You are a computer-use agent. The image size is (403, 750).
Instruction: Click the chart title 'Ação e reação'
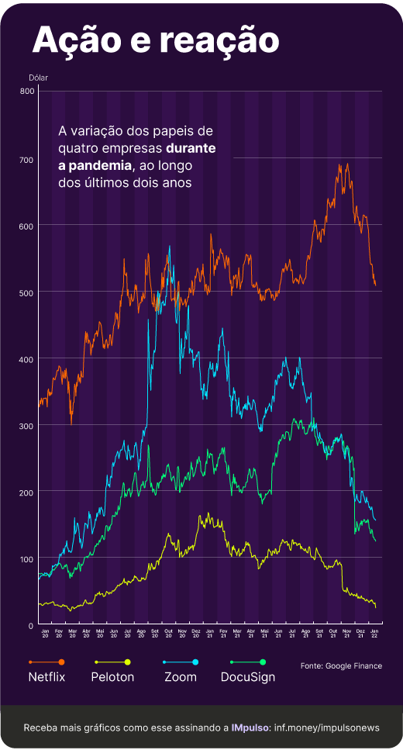(155, 40)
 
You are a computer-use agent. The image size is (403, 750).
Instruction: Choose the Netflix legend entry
(46, 676)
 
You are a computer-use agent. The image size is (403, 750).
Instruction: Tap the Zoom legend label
(181, 676)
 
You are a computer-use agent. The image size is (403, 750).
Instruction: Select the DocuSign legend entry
(248, 676)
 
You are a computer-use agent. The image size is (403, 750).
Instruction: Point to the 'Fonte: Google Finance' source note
(341, 665)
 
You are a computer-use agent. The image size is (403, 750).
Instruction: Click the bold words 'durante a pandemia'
(155, 156)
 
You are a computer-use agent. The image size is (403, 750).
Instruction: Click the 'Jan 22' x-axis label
(375, 634)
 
